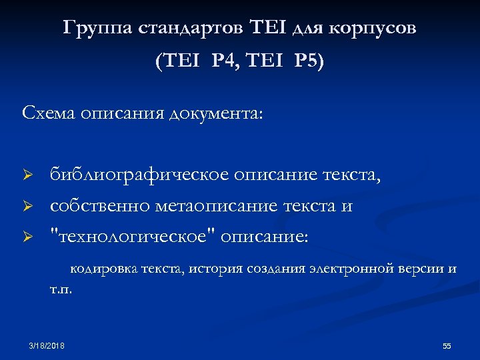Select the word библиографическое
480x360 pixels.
click(x=138, y=175)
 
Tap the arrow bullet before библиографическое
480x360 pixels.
click(x=28, y=175)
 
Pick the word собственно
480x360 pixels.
click(x=100, y=207)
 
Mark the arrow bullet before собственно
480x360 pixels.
click(x=28, y=207)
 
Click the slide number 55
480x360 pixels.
click(x=447, y=346)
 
